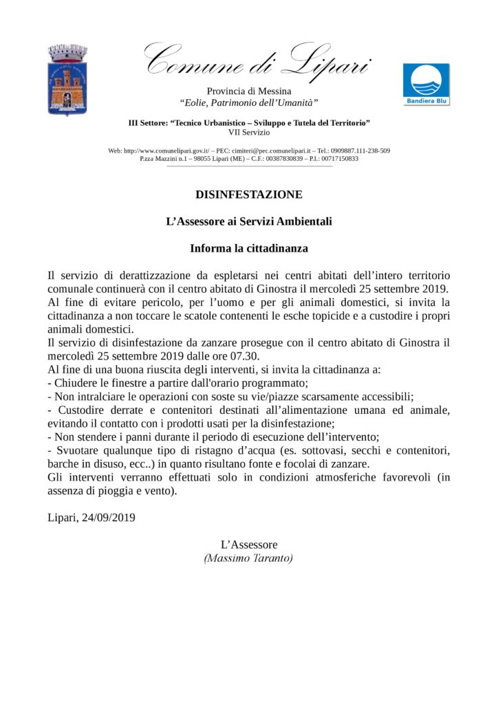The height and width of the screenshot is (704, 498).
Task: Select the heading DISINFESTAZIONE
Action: (249, 195)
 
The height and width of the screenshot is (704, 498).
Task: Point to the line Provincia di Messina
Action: (249, 91)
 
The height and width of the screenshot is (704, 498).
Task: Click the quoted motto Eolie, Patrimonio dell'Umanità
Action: (249, 102)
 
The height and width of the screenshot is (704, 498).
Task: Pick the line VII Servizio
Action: (249, 132)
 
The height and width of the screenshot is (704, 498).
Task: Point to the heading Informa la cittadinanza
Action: (249, 247)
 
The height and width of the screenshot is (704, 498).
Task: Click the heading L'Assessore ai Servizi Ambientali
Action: (249, 221)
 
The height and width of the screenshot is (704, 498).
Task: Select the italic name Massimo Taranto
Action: (249, 558)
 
